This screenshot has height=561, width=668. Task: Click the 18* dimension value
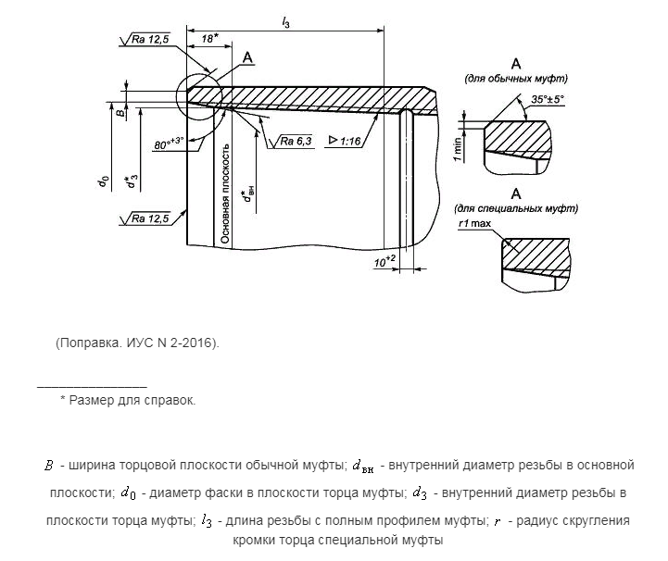point(208,39)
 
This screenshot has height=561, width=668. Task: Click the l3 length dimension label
point(286,19)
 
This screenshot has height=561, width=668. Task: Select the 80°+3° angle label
point(168,143)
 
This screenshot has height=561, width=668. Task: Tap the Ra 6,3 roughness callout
point(296,141)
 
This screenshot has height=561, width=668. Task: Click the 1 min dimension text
point(459,145)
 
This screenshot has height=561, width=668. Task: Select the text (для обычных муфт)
point(515,79)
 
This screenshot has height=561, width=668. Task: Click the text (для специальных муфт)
point(515,208)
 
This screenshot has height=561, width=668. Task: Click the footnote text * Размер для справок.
point(128,400)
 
